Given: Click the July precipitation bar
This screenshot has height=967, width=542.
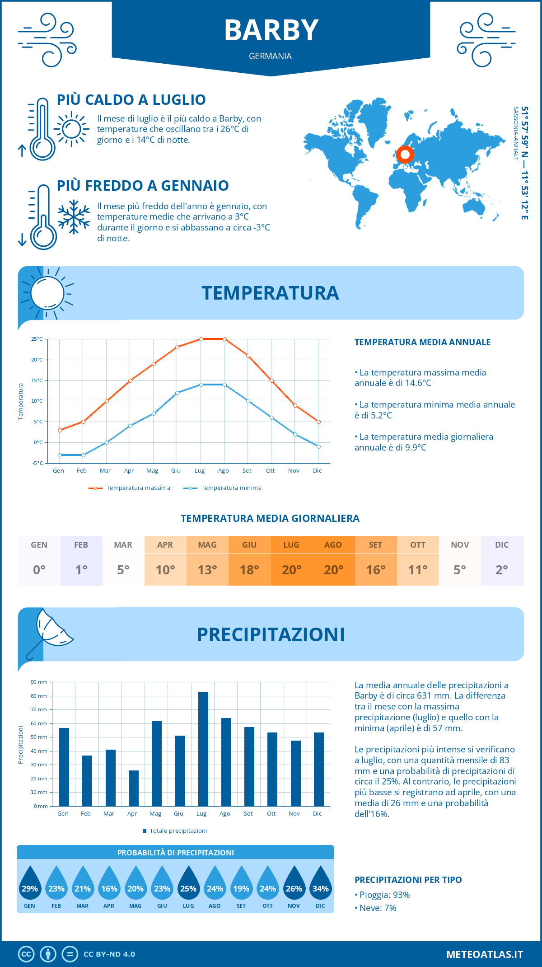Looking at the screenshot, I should (x=203, y=749).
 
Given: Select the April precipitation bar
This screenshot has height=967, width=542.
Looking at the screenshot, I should (x=134, y=788).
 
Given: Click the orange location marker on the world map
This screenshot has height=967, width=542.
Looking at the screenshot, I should (x=405, y=155).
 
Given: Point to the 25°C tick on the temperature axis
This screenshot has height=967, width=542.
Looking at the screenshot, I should (x=37, y=339).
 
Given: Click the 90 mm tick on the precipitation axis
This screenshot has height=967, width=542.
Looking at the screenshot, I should (x=39, y=682).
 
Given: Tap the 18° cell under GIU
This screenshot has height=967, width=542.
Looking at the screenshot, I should (x=249, y=570).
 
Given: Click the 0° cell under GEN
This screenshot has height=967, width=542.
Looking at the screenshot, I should (x=39, y=570).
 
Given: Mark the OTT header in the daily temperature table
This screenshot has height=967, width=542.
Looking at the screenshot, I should (x=418, y=545).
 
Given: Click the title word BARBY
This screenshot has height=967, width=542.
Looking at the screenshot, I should (x=271, y=30).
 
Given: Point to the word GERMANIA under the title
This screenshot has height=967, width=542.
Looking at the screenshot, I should (x=270, y=56).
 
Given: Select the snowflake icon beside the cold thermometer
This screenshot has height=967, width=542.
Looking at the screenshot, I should (x=74, y=217).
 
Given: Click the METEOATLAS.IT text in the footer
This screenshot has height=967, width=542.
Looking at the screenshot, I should (x=485, y=954).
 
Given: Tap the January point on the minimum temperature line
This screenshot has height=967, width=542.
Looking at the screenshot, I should (x=60, y=455).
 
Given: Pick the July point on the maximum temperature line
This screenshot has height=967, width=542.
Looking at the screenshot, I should (x=201, y=339).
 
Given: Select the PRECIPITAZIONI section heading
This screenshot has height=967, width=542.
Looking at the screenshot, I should (x=271, y=634).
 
